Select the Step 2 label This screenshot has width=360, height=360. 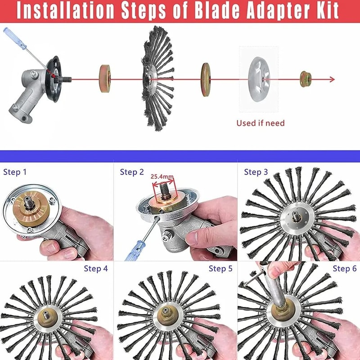coord(132,172)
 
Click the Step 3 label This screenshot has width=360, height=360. coord(256,172)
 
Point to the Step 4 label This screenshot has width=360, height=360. coord(96,269)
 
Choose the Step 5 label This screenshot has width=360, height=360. coord(220,269)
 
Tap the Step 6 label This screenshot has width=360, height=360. coord(345,269)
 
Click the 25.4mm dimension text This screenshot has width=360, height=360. coord(162,176)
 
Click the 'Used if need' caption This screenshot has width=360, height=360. coord(261,122)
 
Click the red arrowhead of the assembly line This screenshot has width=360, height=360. coord(332,80)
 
